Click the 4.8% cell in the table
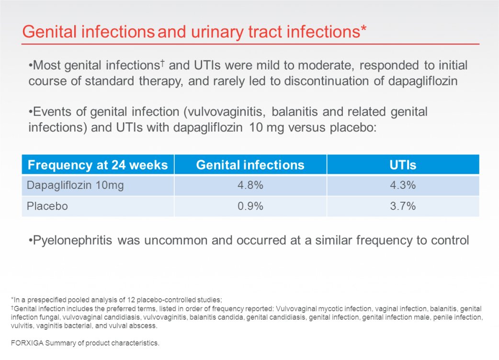250,185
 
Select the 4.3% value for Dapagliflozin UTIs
403,185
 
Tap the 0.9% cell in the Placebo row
250,206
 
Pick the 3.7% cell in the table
403,206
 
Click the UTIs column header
403,165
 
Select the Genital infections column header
250,165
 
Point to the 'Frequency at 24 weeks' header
98,165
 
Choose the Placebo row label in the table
47,206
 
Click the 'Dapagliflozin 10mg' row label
75,186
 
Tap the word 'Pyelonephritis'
73,241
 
